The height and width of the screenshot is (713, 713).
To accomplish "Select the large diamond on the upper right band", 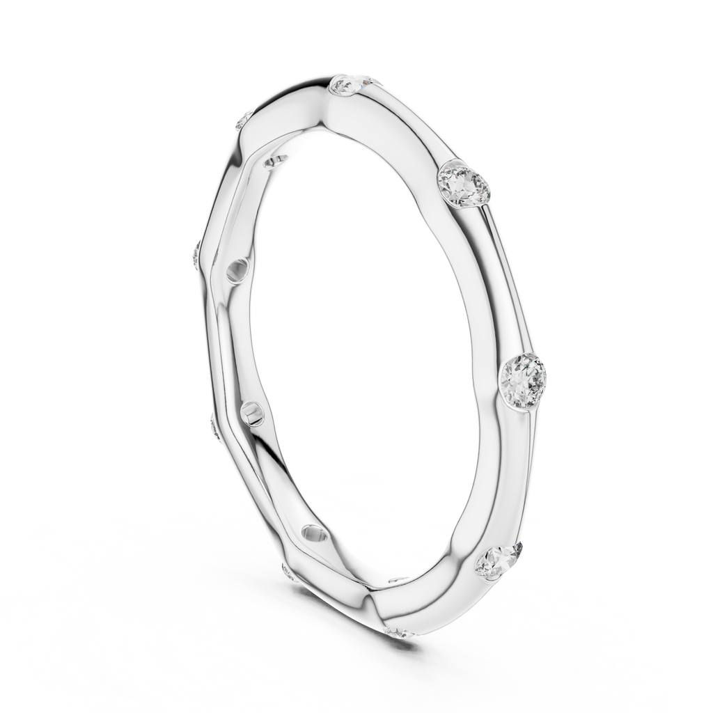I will [463, 183].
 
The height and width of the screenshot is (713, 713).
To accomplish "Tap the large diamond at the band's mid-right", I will [524, 377].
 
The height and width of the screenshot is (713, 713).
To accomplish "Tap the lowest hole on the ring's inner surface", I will [313, 535].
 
